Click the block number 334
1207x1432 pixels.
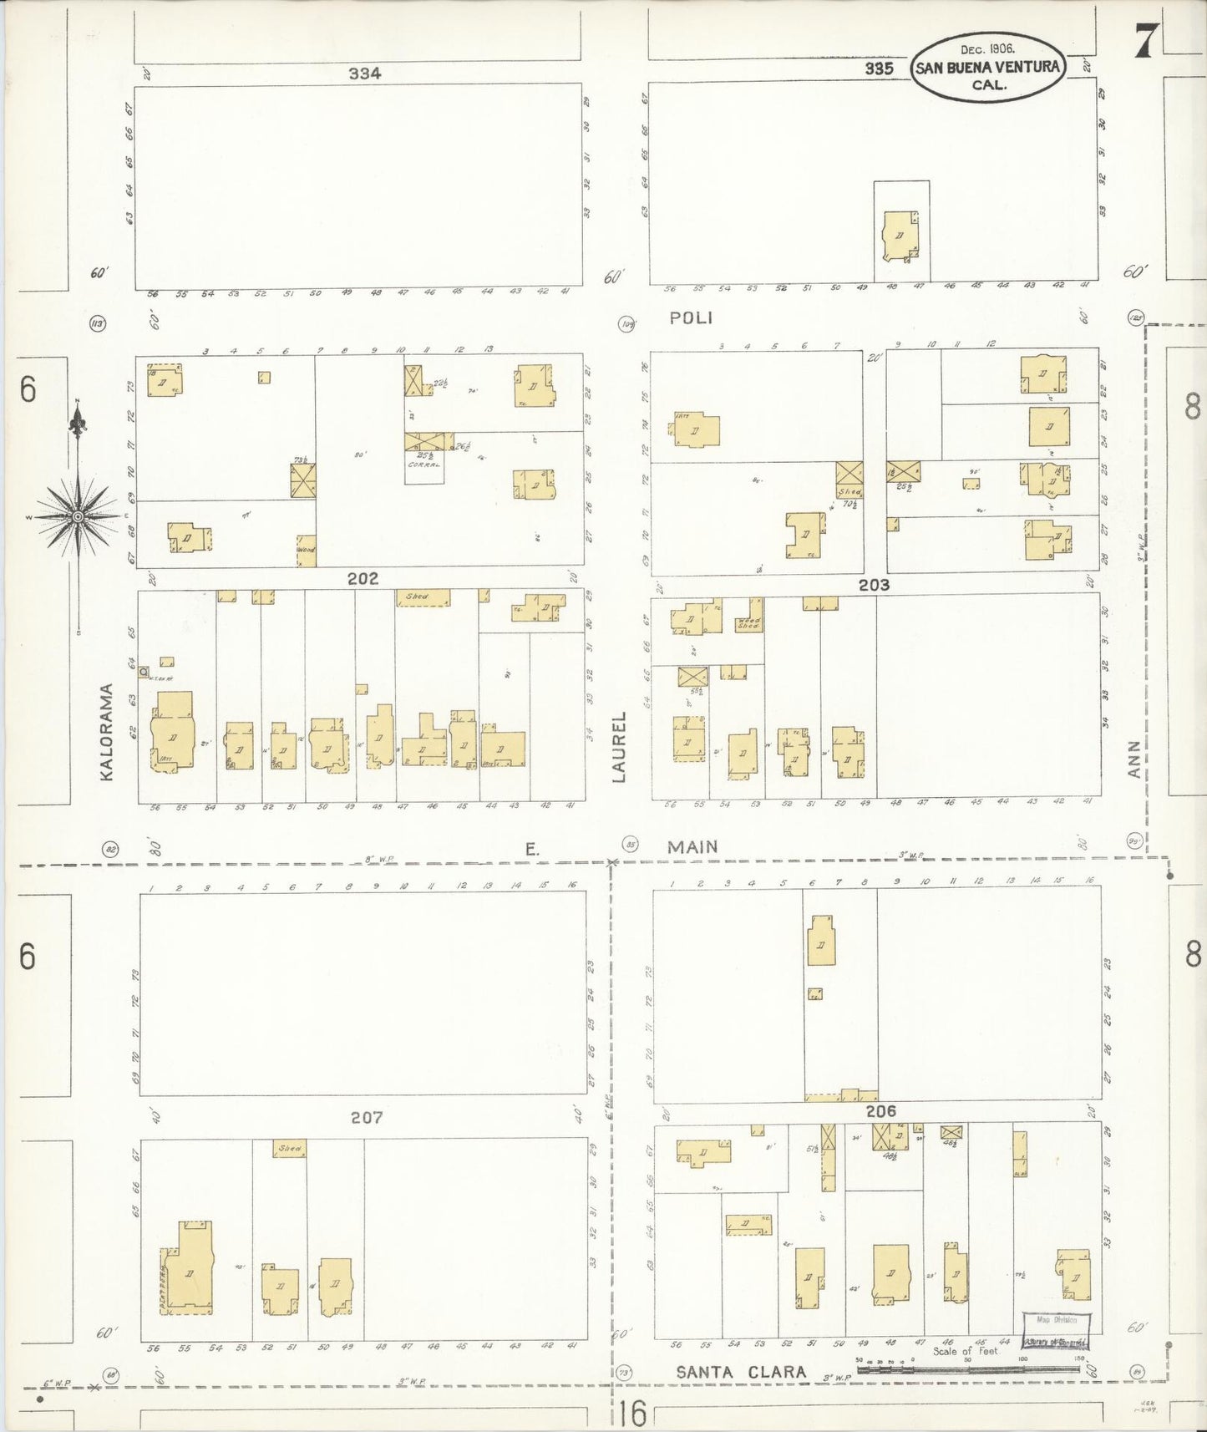tap(365, 74)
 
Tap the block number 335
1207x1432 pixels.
tap(879, 69)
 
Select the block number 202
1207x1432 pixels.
tap(363, 578)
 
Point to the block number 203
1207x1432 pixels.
tap(874, 585)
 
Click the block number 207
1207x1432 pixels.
tap(366, 1117)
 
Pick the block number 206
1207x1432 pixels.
tap(880, 1111)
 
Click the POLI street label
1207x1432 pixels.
tap(692, 318)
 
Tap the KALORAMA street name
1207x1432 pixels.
tap(106, 733)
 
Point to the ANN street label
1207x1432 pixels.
tap(1133, 759)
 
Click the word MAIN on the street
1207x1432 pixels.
tap(692, 847)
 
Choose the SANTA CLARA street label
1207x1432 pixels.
tap(741, 1372)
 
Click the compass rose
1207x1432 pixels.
tap(78, 517)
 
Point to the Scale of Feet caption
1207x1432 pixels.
tap(965, 1351)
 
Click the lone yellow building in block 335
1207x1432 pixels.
tap(900, 236)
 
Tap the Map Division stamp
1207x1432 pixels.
tap(1057, 1320)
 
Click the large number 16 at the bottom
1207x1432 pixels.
tap(633, 1413)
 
